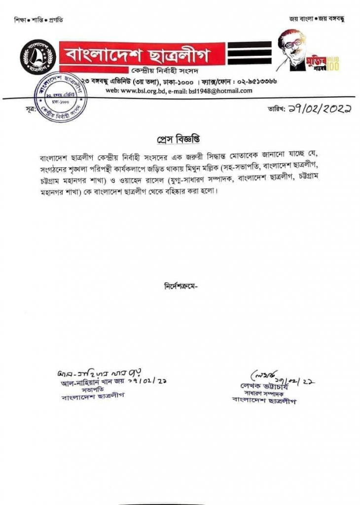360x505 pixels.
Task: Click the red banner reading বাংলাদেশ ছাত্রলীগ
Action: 142,53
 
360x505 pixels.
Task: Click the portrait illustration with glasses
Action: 292,49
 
